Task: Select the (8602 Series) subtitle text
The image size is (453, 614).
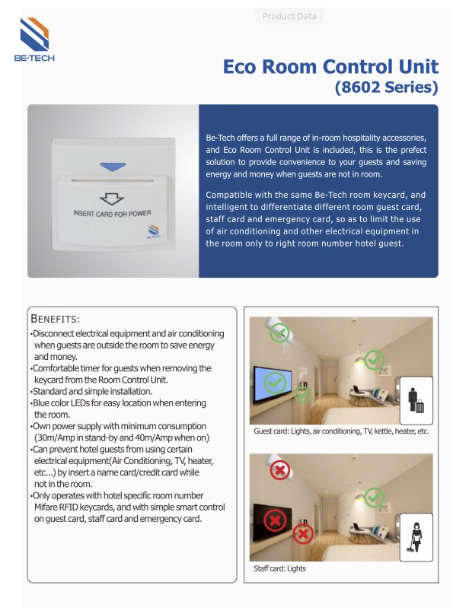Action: coord(387,87)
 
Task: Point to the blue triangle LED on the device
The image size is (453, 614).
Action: coord(113,164)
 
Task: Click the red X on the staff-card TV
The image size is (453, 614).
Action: coord(274,522)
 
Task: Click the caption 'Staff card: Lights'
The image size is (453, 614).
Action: coord(279,568)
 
